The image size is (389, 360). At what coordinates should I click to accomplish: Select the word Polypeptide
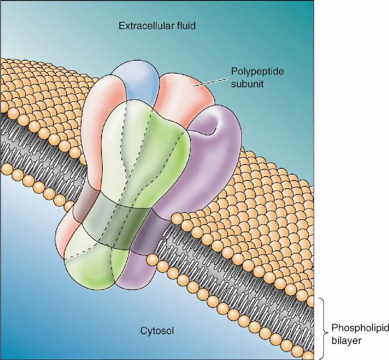(x=257, y=72)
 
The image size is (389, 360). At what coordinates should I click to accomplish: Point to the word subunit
(x=247, y=84)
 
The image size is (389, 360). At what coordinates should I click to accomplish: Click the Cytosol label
(x=157, y=330)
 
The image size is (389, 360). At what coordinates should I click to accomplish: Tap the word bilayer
(x=346, y=341)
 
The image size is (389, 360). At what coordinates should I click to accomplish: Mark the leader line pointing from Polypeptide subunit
(x=211, y=82)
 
